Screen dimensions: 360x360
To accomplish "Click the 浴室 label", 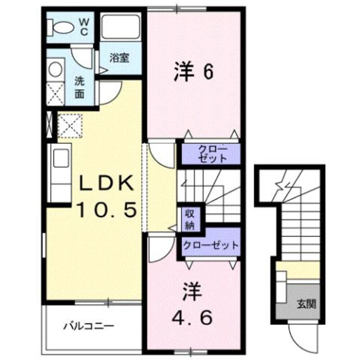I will (x=119, y=58).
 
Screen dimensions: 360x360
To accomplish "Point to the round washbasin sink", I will (x=55, y=69).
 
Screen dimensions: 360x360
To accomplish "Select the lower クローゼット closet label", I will (x=211, y=246).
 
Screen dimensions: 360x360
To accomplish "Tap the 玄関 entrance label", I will (x=306, y=304).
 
